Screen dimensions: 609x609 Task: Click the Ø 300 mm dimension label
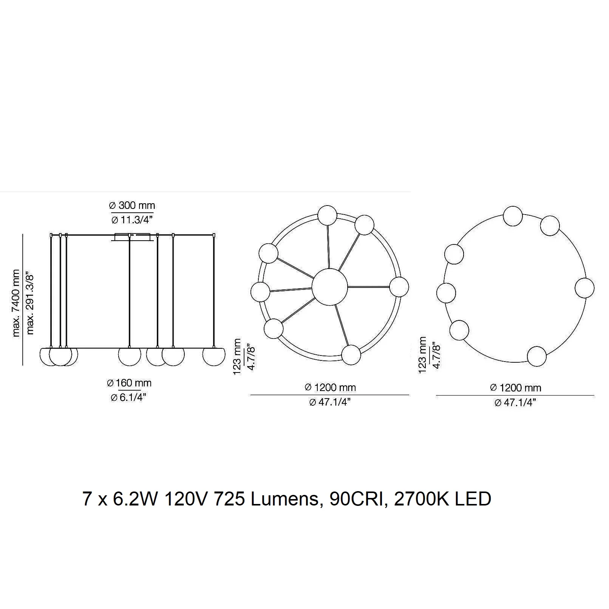[132, 206]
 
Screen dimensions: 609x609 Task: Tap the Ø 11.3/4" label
[132, 219]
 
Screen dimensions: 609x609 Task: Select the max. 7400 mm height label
[15, 303]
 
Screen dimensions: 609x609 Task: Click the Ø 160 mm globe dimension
[129, 383]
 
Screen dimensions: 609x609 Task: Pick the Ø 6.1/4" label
[128, 397]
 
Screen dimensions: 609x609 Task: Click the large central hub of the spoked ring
[329, 287]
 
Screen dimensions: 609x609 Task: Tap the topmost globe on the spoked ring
[327, 215]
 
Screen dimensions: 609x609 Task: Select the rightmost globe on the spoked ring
[399, 287]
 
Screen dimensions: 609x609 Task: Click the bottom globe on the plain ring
[537, 356]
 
